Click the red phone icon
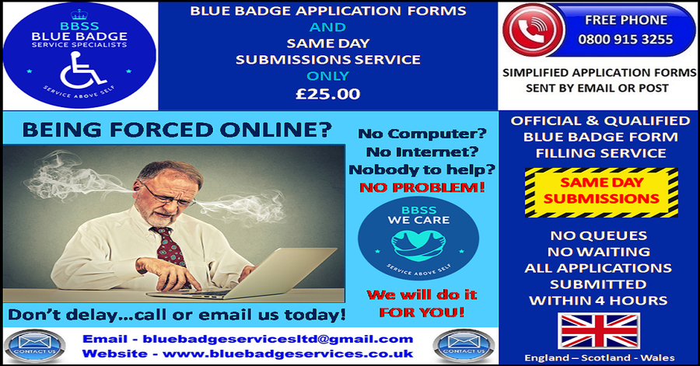pos(534,30)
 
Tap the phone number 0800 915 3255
pos(625,40)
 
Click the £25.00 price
pos(327,93)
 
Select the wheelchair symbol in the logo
pos(82,70)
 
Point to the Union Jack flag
pos(599,331)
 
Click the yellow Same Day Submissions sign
pos(601,193)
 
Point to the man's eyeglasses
pos(166,195)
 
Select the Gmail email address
pos(278,340)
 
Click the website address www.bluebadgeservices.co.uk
pos(288,354)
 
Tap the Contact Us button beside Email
pos(35,346)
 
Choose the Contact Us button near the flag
pos(464,346)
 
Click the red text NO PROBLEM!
pos(422,188)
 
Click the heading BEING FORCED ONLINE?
pos(177,131)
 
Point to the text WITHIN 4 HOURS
pos(598,301)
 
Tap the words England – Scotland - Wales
pos(600,358)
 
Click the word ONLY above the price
pos(327,76)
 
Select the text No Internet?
pos(422,152)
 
